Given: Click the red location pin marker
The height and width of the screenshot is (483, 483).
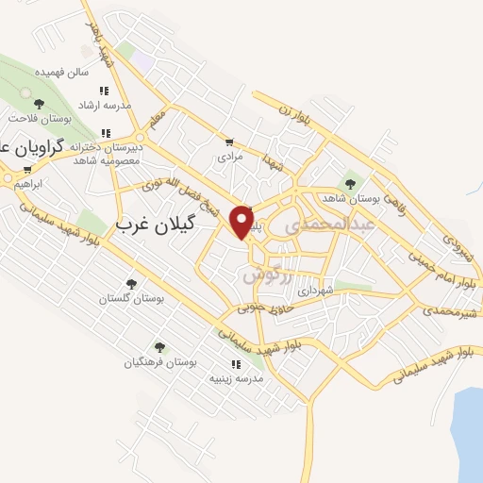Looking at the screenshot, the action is [x=242, y=221].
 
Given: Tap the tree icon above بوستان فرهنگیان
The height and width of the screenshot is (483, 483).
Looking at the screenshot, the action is [x=158, y=347].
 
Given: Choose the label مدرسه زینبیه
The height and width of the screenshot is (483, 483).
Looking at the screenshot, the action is [x=237, y=377].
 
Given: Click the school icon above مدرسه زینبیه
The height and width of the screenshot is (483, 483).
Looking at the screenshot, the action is [x=235, y=363].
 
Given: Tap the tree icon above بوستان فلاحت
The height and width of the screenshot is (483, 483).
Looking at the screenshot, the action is [x=39, y=104].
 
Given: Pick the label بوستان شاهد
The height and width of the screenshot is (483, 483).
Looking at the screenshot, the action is [x=349, y=199].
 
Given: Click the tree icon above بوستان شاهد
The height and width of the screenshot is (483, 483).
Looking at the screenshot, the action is [x=350, y=184].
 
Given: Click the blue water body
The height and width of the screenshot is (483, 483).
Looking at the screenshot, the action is [x=466, y=434].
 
